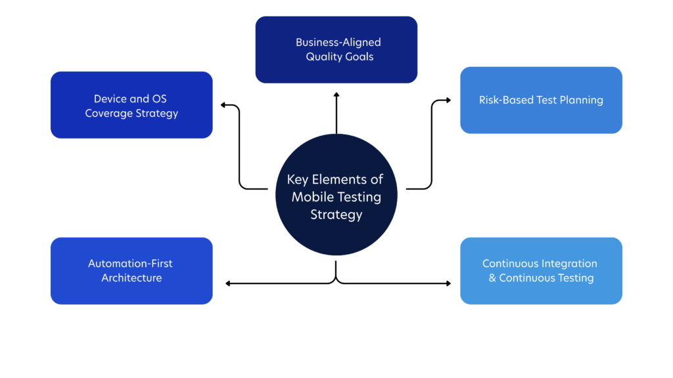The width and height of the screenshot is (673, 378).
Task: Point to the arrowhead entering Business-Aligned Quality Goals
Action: click(x=336, y=96)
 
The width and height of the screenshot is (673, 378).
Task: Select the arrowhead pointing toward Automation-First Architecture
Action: click(x=228, y=283)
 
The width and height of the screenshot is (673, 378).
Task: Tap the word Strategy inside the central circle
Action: click(x=336, y=214)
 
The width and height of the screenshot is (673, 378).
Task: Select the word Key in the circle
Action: click(x=297, y=180)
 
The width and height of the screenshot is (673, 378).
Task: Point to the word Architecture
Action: click(x=131, y=278)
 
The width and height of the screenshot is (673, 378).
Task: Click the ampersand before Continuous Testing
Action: click(x=492, y=278)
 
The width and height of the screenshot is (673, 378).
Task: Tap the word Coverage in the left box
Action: click(x=108, y=113)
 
